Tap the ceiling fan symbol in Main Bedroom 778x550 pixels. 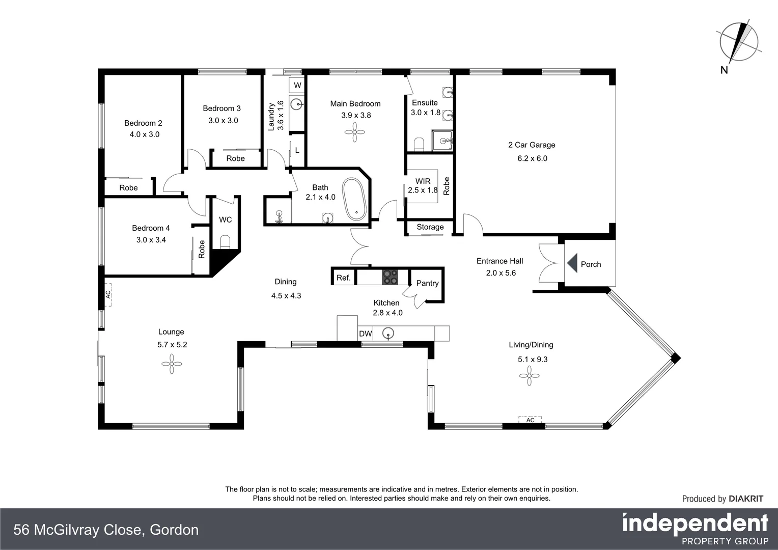[355, 133]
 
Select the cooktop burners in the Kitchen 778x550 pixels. [391, 277]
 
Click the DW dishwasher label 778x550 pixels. [366, 334]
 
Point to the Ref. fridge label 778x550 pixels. [344, 278]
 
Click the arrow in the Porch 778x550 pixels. [572, 264]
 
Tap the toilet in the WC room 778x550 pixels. [225, 240]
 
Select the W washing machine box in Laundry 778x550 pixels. [297, 85]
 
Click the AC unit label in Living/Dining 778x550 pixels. [531, 420]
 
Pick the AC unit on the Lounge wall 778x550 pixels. [108, 295]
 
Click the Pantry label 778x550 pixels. [427, 283]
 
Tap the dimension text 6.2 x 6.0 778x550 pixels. [532, 158]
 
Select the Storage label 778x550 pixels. [430, 227]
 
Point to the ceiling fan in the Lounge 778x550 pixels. [172, 364]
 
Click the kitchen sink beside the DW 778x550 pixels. [388, 334]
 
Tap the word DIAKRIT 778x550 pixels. [746, 499]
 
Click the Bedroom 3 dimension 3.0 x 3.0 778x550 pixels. [223, 121]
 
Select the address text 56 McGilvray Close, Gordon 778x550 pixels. [106, 530]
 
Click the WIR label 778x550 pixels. [423, 181]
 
